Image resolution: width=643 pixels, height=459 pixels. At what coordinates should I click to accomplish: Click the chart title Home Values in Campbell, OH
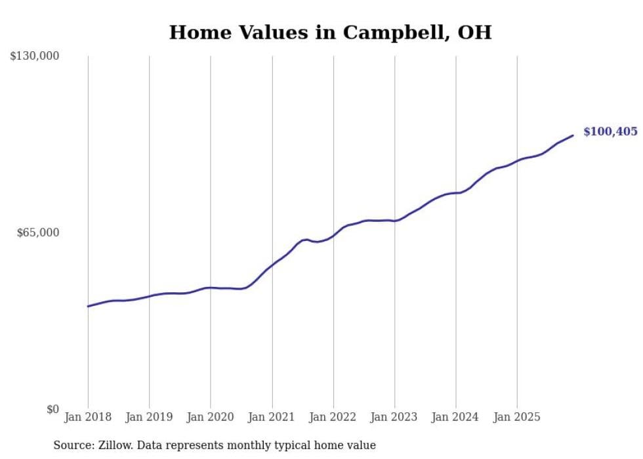coord(330,32)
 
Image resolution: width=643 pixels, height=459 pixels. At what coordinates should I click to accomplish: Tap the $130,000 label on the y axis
coord(35,56)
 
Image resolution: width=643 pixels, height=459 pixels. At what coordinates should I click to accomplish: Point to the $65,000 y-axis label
coord(38,232)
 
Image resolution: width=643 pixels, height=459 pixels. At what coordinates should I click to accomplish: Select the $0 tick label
coord(52,409)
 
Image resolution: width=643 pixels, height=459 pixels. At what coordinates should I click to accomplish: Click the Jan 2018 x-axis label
coord(88,417)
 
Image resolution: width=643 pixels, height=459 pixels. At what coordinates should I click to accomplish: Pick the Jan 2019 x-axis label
coord(149,417)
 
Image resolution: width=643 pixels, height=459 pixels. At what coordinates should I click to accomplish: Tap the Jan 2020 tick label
coord(211,417)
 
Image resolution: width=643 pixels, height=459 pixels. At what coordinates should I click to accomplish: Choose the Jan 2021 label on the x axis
coord(272,417)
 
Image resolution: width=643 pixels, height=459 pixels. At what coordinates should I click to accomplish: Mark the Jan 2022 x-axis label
coord(333,417)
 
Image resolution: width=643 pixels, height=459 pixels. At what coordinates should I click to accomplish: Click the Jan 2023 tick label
coord(394,417)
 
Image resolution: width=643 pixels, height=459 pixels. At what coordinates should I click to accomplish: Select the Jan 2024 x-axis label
coord(456,417)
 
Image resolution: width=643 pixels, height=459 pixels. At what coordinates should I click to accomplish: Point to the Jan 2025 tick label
coord(517,417)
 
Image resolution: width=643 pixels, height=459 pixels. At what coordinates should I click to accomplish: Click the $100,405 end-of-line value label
coord(610,132)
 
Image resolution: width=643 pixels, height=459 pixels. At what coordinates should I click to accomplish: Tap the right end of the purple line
coord(573,136)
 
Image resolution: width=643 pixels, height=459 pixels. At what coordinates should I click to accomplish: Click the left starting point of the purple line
coord(88,306)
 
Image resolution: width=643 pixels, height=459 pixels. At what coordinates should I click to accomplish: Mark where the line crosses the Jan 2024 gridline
coord(456,193)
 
